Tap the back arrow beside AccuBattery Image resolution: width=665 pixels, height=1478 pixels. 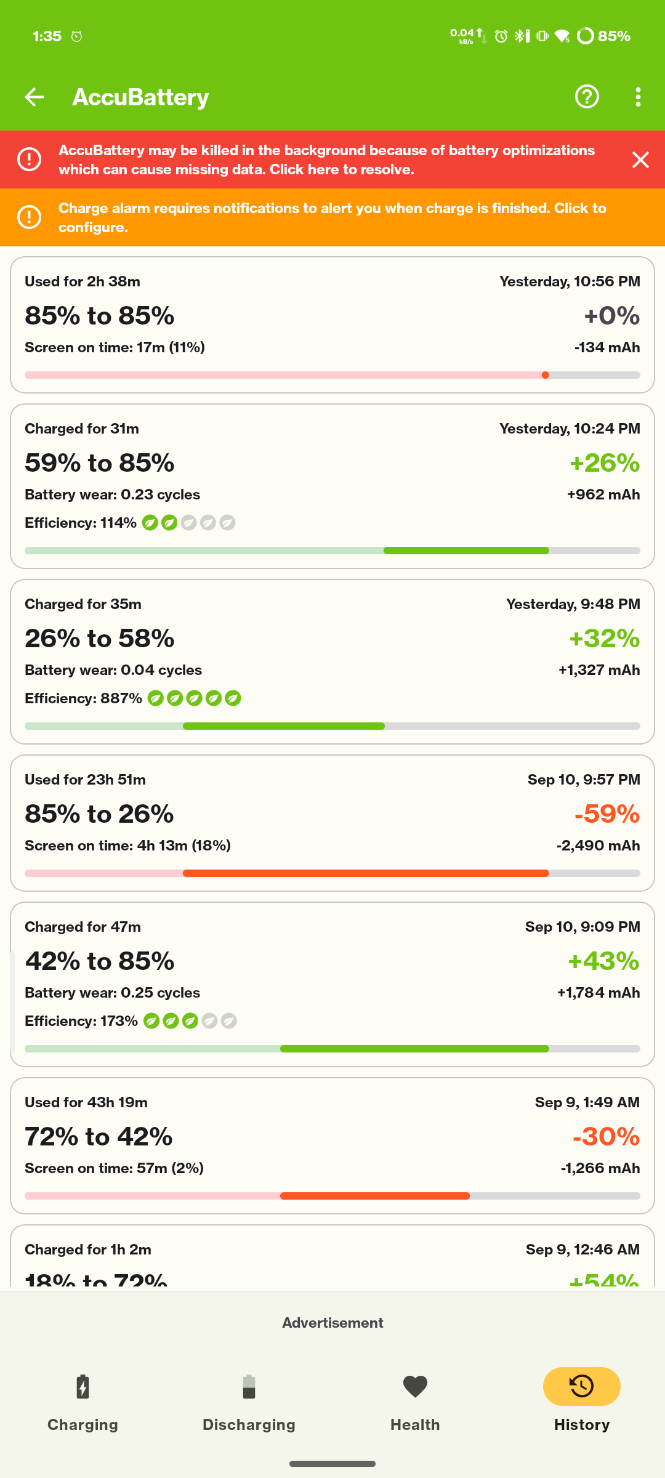[x=34, y=97]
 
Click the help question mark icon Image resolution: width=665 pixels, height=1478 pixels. [x=587, y=97]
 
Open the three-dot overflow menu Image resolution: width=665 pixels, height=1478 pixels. [x=638, y=97]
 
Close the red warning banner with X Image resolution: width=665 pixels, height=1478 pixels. [x=640, y=160]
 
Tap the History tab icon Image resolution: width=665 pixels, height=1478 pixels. [x=581, y=1386]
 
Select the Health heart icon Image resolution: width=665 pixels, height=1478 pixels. [x=415, y=1386]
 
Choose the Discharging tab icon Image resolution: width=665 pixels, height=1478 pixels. [x=249, y=1387]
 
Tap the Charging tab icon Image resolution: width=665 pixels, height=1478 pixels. [x=83, y=1387]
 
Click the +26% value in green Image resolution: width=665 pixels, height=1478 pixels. [x=605, y=463]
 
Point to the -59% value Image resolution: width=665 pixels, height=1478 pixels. [x=607, y=814]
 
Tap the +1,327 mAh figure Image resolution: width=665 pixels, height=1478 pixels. [x=598, y=670]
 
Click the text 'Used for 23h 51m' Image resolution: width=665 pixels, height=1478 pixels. [x=85, y=780]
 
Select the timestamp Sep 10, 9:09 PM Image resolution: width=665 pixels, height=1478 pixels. [x=582, y=927]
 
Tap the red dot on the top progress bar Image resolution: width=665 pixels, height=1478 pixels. [x=546, y=375]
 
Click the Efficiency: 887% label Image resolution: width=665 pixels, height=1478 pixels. [x=84, y=698]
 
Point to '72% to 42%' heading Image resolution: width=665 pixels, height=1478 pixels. [x=99, y=1137]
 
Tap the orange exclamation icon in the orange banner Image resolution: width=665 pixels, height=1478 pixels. [x=29, y=217]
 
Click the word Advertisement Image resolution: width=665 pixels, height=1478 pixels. [x=332, y=1323]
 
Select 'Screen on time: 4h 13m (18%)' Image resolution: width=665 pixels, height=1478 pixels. [x=127, y=846]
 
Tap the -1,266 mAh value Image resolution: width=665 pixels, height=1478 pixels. [x=600, y=1168]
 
